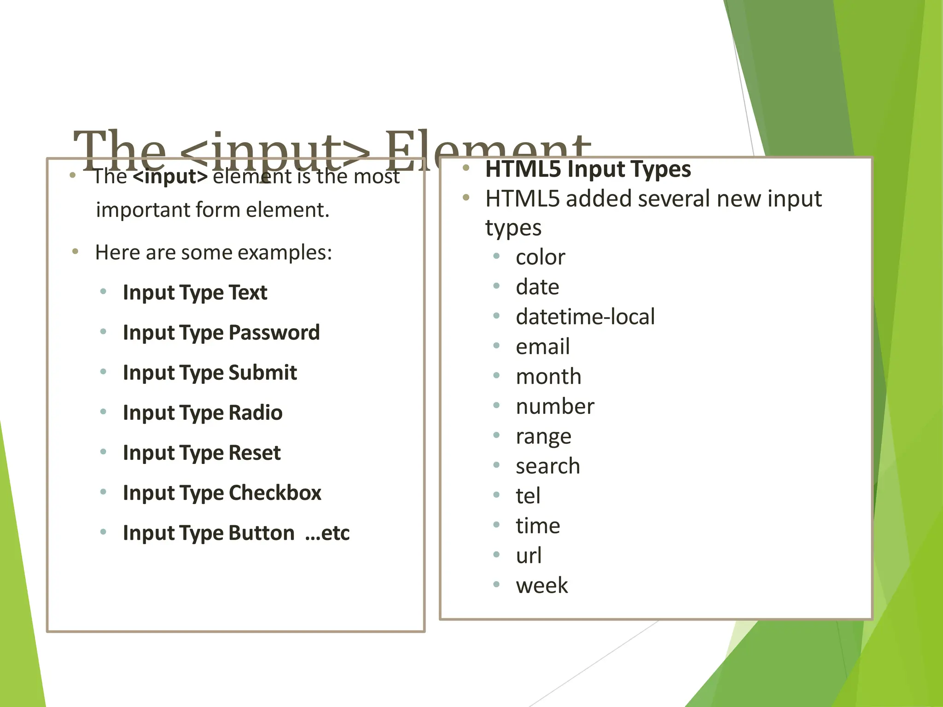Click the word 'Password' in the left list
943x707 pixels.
274,332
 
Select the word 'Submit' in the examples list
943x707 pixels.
262,372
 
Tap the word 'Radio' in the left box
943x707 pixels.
255,412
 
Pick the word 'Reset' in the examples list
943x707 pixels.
254,452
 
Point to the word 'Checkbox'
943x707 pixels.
275,493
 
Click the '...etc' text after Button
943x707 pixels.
327,533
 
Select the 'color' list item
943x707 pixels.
540,257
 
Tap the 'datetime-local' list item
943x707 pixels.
585,317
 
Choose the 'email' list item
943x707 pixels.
542,347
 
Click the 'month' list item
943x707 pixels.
548,377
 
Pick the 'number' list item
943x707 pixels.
555,406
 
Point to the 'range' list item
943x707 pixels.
543,436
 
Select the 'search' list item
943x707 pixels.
547,466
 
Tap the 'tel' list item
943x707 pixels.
528,496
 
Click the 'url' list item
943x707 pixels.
529,556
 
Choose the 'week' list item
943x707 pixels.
541,585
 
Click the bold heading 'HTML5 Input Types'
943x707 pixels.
588,169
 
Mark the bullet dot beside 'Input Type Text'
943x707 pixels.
103,291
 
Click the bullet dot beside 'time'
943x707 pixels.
496,525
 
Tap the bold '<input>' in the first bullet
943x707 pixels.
170,176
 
